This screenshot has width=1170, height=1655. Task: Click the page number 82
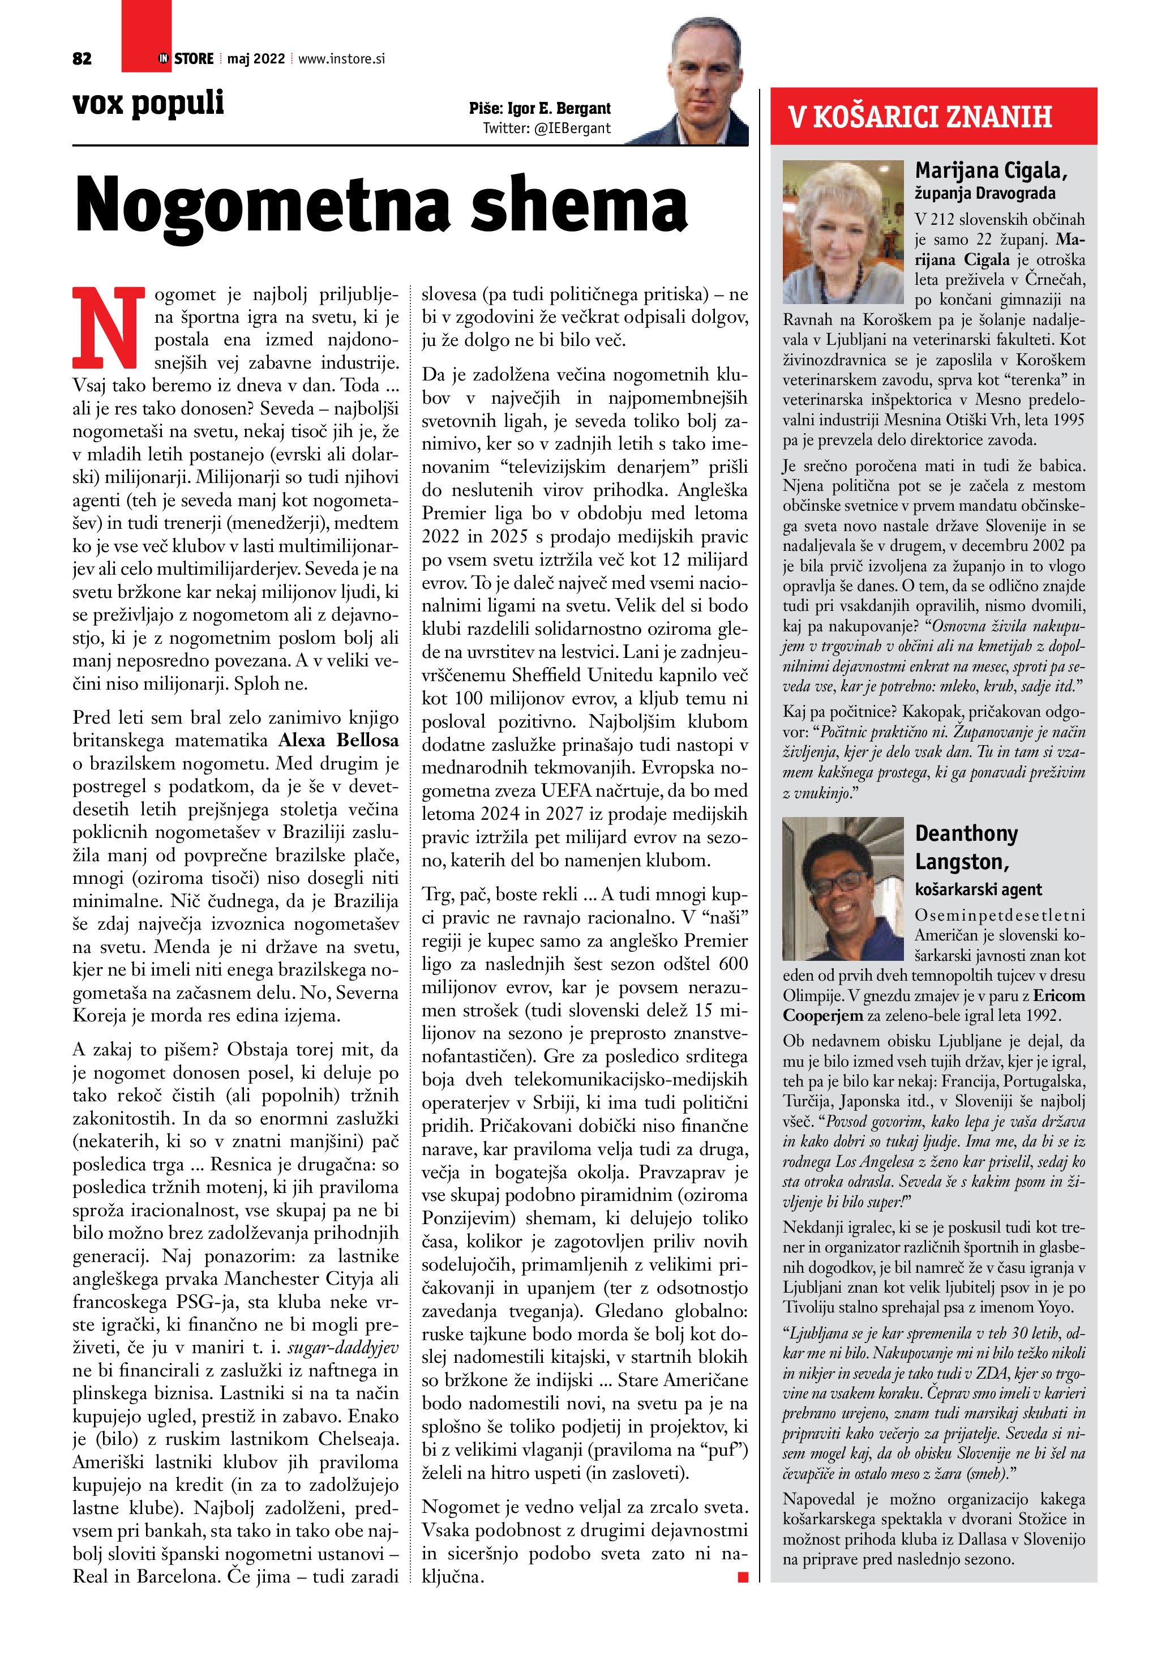82,59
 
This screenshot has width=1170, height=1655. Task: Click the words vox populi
148,103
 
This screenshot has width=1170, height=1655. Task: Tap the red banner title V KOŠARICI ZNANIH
920,117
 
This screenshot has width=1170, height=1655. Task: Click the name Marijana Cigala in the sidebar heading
990,171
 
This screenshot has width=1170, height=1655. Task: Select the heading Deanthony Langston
966,848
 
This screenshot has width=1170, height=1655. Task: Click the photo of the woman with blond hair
842,232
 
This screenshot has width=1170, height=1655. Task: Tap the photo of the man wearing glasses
842,888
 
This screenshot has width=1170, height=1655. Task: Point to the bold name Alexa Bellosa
338,740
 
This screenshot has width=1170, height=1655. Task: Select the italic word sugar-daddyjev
343,1347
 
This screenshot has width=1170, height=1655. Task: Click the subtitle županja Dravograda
984,193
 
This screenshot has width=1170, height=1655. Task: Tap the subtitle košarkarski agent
978,889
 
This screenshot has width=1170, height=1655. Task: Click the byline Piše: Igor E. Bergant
539,109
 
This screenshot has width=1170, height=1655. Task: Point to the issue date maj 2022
256,59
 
